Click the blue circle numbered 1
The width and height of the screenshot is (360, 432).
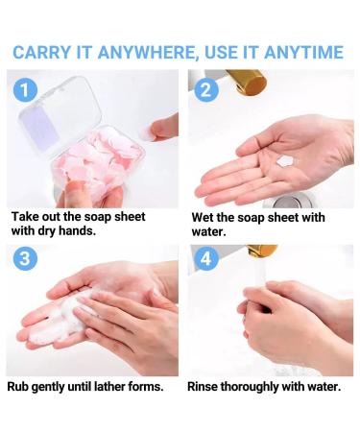pos(26,90)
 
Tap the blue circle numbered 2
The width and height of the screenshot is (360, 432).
pos(204,90)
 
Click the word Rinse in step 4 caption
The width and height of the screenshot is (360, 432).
pos(208,387)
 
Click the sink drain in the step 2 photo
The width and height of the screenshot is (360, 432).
pos(286,203)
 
